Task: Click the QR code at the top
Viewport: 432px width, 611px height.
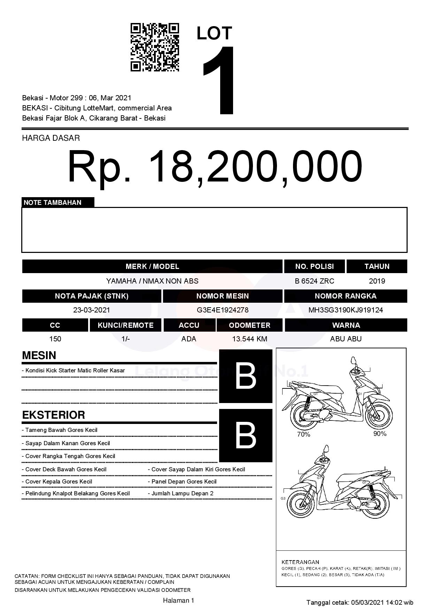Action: coord(155,47)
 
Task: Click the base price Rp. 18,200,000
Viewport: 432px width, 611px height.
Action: coord(215,167)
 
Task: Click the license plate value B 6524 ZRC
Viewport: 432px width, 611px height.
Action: coord(314,281)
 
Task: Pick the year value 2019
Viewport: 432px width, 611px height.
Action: coord(377,281)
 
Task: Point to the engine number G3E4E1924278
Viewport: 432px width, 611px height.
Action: coord(223,310)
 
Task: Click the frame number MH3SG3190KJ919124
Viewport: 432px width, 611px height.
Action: coord(346,310)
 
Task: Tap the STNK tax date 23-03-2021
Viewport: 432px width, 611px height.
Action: coord(92,310)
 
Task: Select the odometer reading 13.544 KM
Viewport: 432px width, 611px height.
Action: coord(249,339)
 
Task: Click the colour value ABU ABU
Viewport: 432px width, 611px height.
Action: coord(346,339)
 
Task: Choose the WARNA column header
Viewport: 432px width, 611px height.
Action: coord(346,325)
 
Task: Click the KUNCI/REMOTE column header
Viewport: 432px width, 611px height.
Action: coord(125,325)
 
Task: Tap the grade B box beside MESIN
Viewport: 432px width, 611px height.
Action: coord(246,376)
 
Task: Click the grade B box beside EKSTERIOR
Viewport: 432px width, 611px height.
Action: coord(246,435)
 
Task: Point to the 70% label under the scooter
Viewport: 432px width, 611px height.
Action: coord(303,434)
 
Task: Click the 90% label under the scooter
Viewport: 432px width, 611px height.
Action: coord(380,434)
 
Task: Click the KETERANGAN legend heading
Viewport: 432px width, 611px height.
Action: coord(300,562)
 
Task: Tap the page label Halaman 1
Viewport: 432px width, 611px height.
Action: coord(178,600)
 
